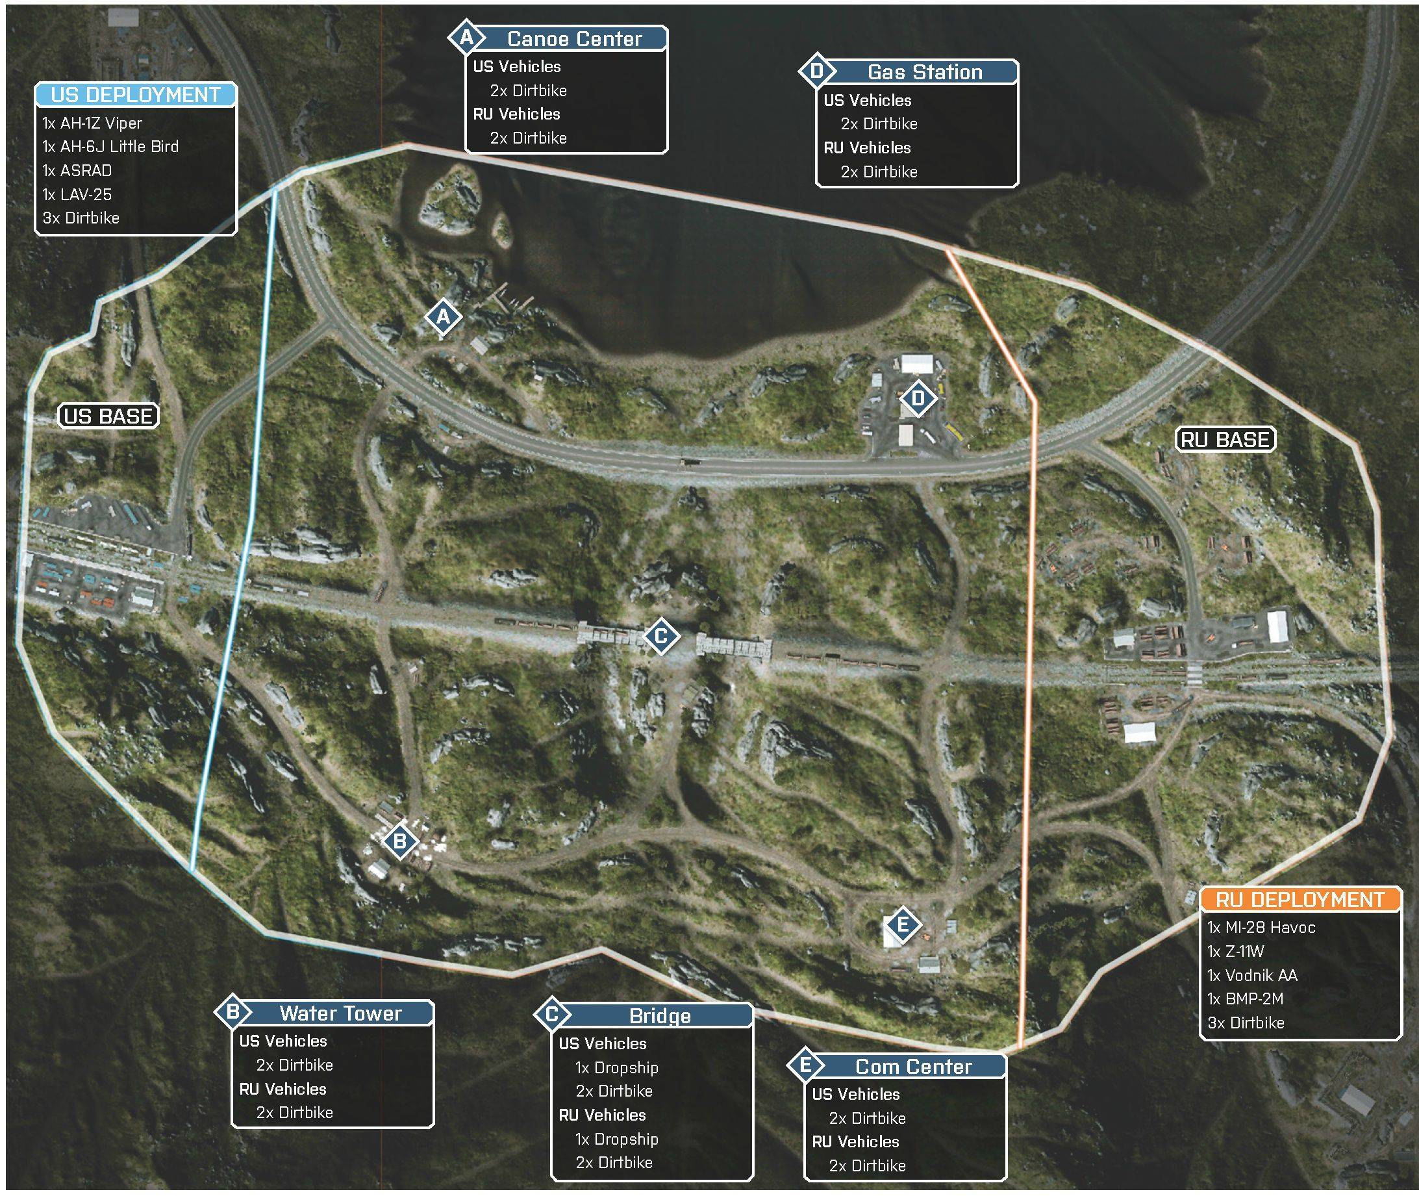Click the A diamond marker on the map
[443, 316]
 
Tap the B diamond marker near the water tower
[400, 841]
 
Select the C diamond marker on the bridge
[661, 636]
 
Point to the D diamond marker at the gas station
[918, 398]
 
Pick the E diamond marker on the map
[903, 924]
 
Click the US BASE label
[108, 416]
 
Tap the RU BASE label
[1225, 439]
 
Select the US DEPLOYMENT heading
[136, 95]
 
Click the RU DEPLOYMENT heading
[1300, 900]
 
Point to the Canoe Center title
[574, 40]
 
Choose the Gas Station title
[925, 72]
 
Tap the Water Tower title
[341, 1013]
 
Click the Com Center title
[914, 1067]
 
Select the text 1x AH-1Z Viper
[92, 123]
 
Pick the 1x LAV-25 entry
[77, 195]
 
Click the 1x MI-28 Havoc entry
[1261, 928]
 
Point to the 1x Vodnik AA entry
[1252, 976]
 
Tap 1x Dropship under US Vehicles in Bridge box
[617, 1068]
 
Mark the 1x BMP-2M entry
[1246, 999]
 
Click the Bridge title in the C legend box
[660, 1015]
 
